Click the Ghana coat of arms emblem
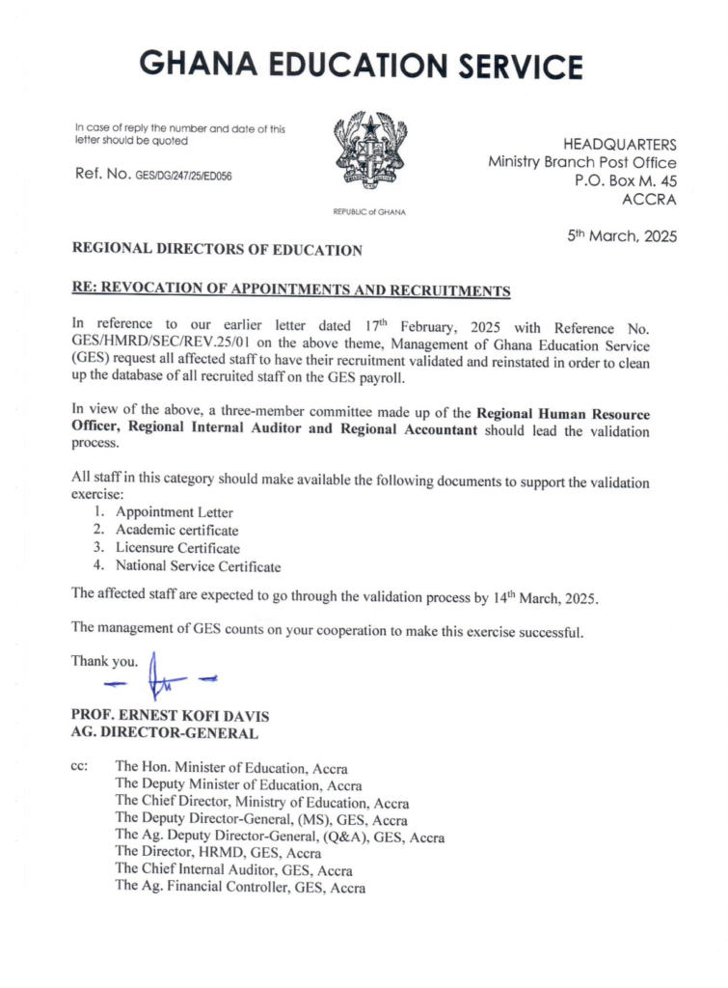click(369, 154)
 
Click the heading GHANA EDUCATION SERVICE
click(362, 66)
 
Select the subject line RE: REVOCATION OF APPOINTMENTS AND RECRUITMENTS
click(291, 289)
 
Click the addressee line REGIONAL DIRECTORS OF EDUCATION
click(217, 250)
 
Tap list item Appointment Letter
click(174, 512)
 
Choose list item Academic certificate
click(176, 530)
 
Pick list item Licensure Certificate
click(177, 548)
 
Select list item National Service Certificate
click(198, 566)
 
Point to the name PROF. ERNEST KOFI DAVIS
click(170, 716)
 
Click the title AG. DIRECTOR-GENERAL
click(164, 733)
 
